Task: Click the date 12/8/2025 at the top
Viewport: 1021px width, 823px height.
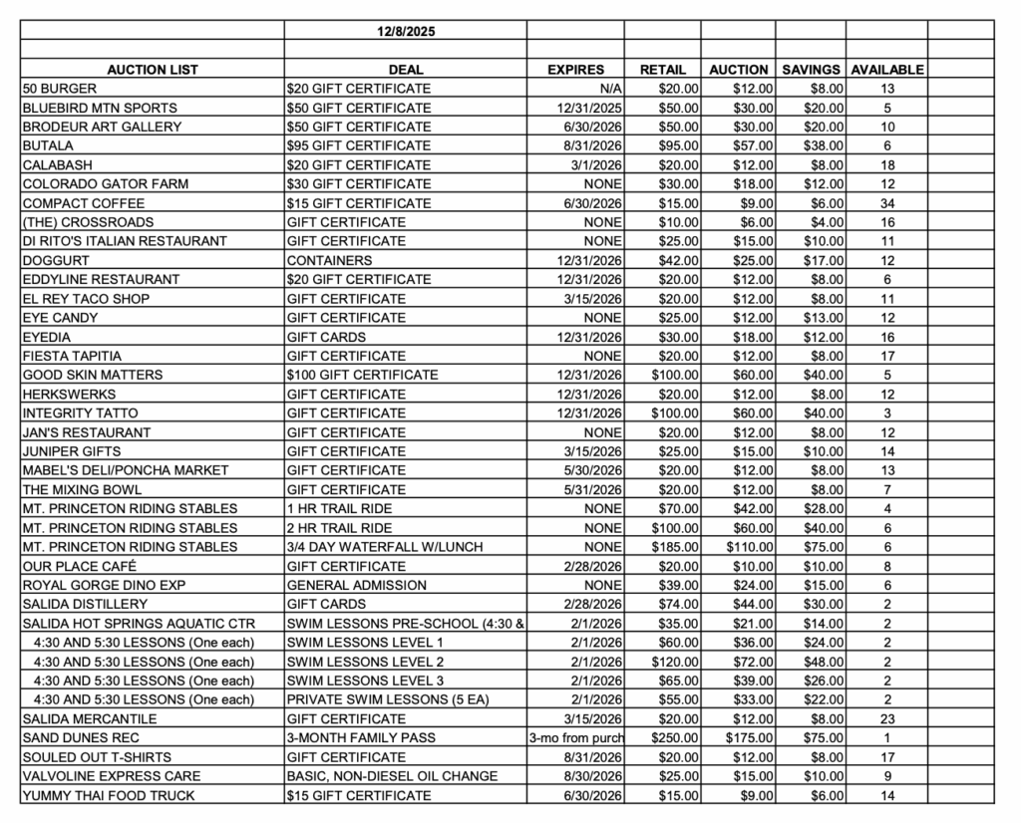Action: tap(405, 31)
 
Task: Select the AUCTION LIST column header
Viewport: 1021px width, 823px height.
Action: tap(153, 70)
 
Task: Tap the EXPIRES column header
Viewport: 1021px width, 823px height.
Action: tap(575, 70)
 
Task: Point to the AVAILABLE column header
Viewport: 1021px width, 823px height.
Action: tap(886, 70)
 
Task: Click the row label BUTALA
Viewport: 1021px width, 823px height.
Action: tap(48, 145)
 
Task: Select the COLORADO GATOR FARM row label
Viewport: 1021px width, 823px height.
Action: tap(105, 184)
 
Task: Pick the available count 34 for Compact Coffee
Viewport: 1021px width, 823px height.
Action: tap(886, 203)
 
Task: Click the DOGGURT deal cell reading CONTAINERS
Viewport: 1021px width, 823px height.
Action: tap(331, 260)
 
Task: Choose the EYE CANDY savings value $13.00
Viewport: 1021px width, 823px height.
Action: tap(824, 318)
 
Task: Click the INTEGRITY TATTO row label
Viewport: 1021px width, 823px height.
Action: tap(81, 412)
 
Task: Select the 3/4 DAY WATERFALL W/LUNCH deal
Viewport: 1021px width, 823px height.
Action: tap(385, 547)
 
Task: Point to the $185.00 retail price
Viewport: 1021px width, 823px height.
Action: tap(675, 547)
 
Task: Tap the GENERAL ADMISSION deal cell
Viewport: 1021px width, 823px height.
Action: tap(356, 585)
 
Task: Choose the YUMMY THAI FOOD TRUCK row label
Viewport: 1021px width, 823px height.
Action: tap(109, 795)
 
